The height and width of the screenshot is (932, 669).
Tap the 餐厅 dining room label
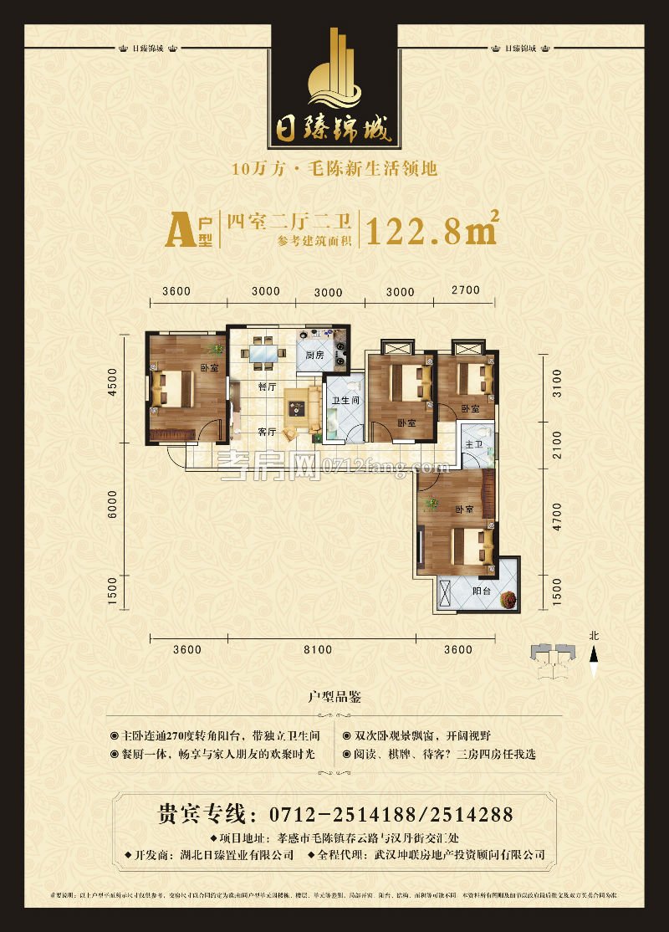(x=267, y=387)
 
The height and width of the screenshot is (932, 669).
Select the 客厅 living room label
(x=267, y=432)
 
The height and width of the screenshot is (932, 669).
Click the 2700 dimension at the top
(x=466, y=291)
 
